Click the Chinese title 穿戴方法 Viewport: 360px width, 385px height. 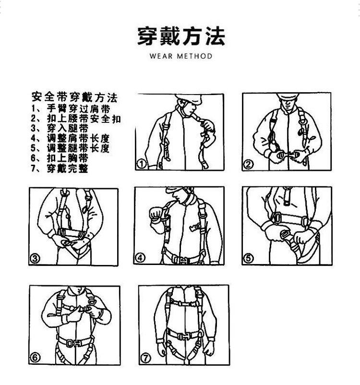coord(181,36)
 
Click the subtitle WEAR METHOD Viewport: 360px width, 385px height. coord(181,56)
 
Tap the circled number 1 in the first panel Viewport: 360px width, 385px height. coord(142,164)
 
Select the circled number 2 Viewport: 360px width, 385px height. coord(248,164)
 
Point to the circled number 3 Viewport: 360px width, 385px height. coord(35,258)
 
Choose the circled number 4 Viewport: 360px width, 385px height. coord(140,258)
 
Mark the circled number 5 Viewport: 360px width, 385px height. coord(248,258)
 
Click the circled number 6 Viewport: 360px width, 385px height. coord(35,358)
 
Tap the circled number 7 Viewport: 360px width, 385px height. coord(145,358)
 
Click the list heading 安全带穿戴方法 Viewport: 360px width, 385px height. coord(75,97)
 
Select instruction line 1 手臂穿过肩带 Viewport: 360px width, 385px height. coord(71,108)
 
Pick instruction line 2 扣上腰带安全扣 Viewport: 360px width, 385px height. coord(76,119)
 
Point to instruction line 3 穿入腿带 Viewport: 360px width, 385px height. coord(60,128)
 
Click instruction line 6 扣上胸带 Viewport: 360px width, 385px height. coord(60,158)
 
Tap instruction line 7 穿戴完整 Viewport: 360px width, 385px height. coord(60,168)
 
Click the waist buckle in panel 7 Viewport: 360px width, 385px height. coord(183,336)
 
